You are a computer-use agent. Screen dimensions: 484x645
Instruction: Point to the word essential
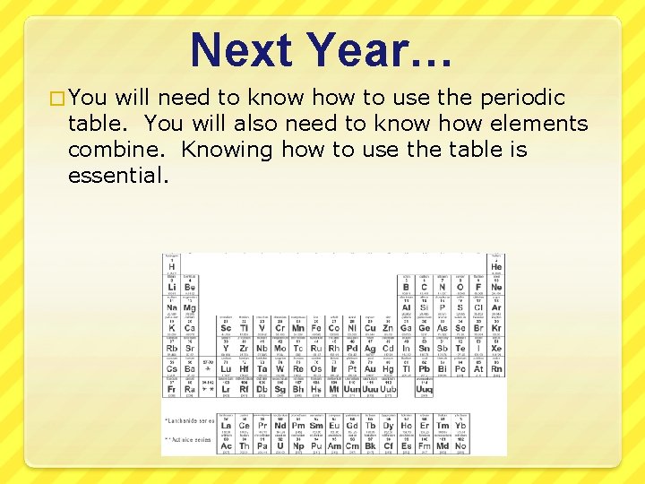click(117, 175)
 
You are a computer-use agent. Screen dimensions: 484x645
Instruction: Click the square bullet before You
click(58, 98)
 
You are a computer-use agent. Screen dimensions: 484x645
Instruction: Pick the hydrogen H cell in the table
click(171, 265)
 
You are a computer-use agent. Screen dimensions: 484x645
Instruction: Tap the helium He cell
click(496, 265)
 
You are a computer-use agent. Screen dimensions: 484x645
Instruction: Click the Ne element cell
click(496, 287)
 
